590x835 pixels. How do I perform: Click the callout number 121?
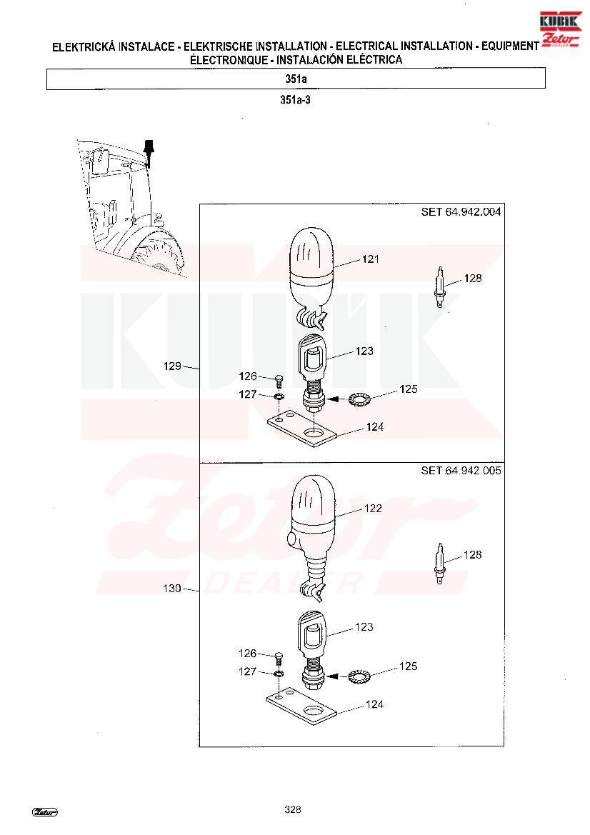click(x=371, y=259)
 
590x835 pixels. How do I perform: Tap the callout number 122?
click(x=374, y=509)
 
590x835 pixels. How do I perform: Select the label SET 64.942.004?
click(x=461, y=212)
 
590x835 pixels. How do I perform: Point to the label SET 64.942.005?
click(x=461, y=470)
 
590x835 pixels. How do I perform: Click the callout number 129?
click(x=173, y=366)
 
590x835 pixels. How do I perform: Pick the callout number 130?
click(x=172, y=589)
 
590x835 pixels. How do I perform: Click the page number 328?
click(x=293, y=809)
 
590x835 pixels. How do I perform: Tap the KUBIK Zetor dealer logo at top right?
click(x=560, y=29)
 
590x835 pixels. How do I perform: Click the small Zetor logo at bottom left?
click(x=45, y=811)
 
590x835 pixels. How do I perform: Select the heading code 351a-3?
click(x=296, y=99)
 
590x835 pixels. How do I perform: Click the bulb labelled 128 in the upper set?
click(x=439, y=287)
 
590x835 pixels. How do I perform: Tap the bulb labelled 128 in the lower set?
click(x=439, y=564)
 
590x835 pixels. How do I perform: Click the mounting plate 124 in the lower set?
click(x=301, y=708)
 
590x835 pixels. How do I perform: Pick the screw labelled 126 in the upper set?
click(x=279, y=381)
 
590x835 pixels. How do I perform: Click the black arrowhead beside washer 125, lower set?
click(x=333, y=676)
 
